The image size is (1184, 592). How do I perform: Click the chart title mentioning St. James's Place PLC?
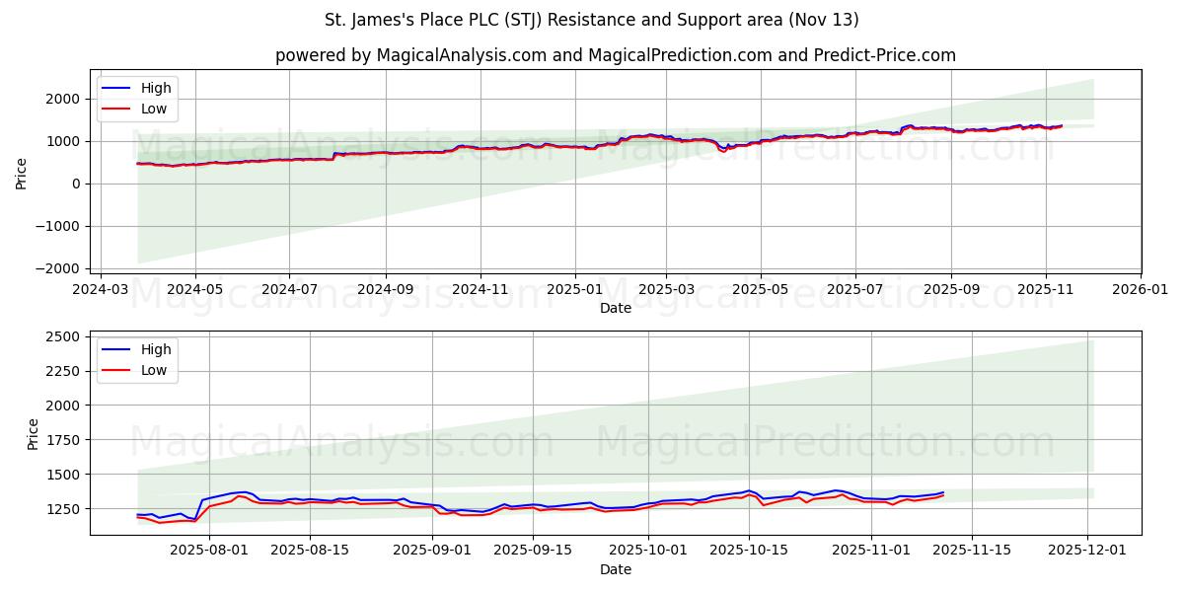click(x=591, y=20)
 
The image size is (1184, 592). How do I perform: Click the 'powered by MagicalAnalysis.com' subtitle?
click(x=615, y=55)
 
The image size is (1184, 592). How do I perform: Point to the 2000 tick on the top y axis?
click(x=61, y=99)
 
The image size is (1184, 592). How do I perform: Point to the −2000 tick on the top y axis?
click(x=57, y=268)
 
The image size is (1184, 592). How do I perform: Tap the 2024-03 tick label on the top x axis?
click(x=102, y=289)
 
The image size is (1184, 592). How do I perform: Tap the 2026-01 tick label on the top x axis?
click(x=1140, y=289)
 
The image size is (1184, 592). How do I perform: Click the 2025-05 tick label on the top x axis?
click(x=760, y=289)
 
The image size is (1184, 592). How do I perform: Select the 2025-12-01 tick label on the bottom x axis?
click(x=1087, y=551)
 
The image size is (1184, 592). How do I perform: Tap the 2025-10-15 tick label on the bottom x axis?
click(x=748, y=551)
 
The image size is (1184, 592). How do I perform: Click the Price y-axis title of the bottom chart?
click(x=34, y=433)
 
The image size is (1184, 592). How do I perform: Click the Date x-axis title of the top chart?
click(x=615, y=308)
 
